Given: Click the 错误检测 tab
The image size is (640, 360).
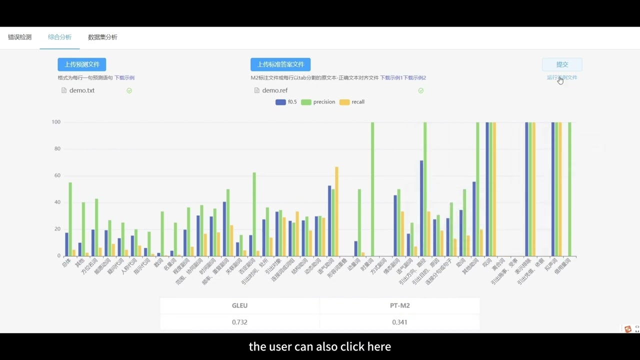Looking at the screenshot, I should click(x=20, y=37).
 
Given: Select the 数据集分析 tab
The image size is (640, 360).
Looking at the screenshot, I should click(x=102, y=37).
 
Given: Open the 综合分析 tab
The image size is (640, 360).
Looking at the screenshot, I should click(x=59, y=37).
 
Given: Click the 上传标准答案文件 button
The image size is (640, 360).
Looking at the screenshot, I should click(x=280, y=64).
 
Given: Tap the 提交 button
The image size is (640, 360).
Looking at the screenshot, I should click(x=562, y=64).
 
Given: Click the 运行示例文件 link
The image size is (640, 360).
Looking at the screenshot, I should click(x=562, y=77).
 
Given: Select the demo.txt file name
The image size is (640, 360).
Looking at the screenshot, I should click(x=82, y=90).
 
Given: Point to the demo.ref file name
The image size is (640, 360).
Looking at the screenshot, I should click(x=275, y=90).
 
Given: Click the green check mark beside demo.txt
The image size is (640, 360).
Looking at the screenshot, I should click(x=129, y=90).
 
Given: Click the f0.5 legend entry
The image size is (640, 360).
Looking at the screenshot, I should click(x=286, y=102).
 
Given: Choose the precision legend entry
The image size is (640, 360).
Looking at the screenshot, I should click(x=318, y=102).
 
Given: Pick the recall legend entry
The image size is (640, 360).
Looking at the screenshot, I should click(x=352, y=102).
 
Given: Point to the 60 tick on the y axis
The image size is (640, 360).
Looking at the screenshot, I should click(x=57, y=175).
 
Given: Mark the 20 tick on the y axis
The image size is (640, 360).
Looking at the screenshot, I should click(x=57, y=229).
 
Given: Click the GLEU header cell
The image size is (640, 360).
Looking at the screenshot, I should click(x=239, y=305).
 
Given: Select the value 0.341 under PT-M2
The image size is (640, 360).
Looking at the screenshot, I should click(x=399, y=322).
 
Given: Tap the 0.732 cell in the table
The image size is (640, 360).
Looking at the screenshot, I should click(x=239, y=322).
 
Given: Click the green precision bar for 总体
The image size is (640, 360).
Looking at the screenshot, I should click(x=70, y=219).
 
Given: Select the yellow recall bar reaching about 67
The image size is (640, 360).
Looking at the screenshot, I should click(x=336, y=211).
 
